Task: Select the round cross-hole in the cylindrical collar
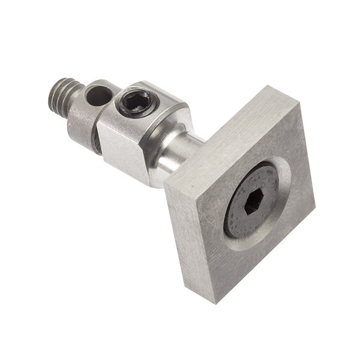(x=98, y=95)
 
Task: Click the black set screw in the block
(x=136, y=103)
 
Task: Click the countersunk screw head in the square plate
(x=251, y=201)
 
